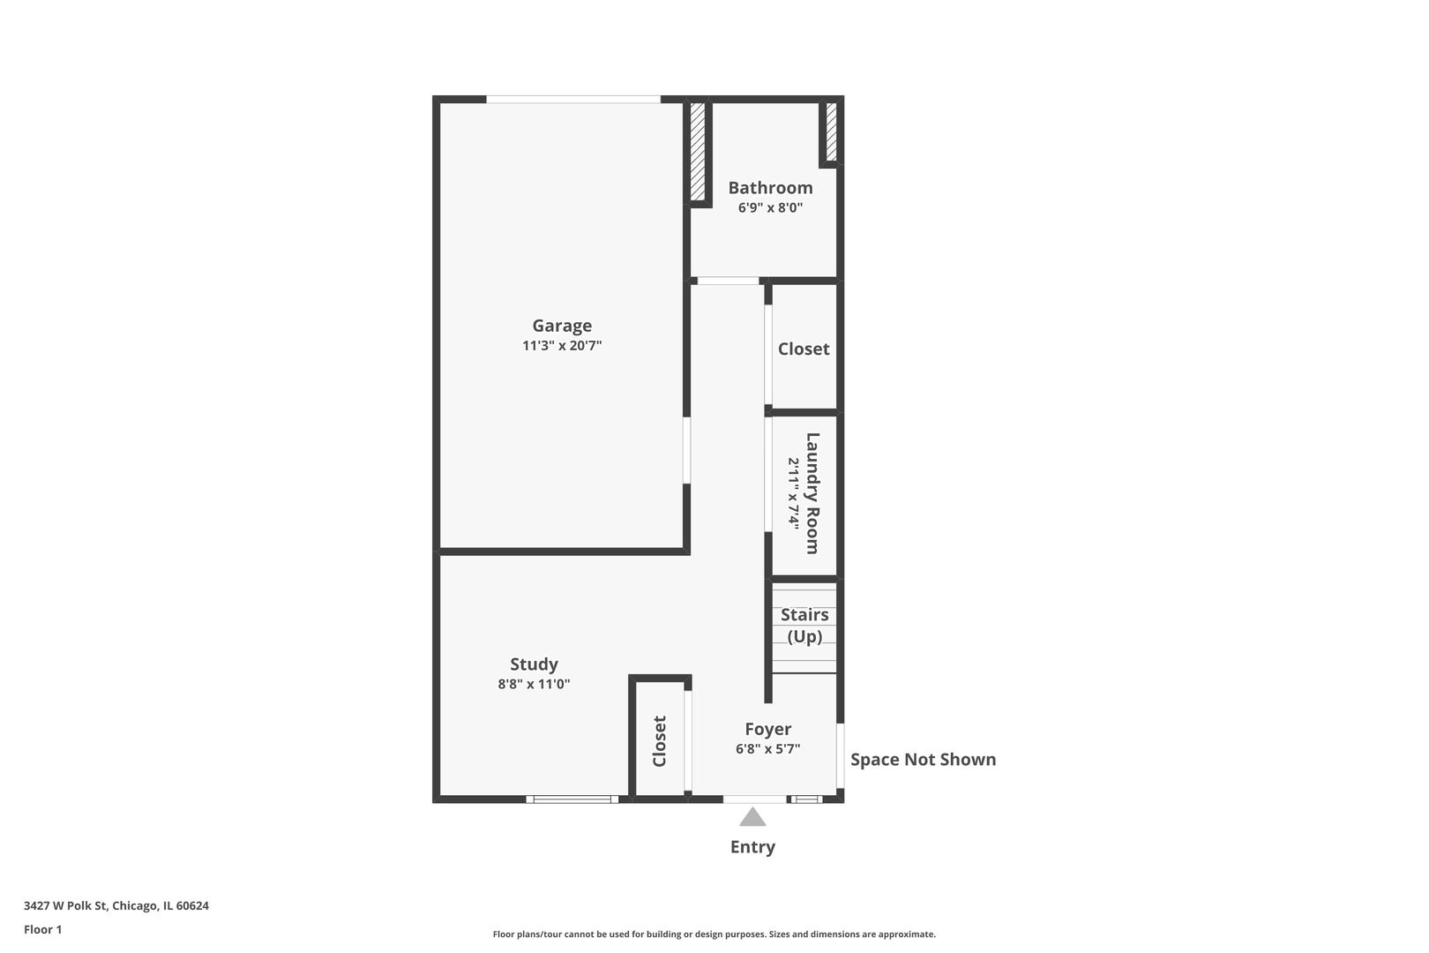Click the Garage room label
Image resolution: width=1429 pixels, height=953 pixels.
coord(562,326)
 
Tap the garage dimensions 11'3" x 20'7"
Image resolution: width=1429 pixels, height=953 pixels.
coord(562,346)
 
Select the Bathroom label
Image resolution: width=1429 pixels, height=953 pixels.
coord(770,188)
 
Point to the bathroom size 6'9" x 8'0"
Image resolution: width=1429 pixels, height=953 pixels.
coord(770,208)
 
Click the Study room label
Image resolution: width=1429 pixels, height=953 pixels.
coord(534,664)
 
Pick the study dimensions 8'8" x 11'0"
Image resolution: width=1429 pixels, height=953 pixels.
coord(534,684)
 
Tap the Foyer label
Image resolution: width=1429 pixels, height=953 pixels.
coord(767,729)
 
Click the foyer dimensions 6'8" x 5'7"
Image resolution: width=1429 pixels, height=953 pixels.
coord(767,749)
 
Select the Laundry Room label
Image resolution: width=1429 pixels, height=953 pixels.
coord(812,493)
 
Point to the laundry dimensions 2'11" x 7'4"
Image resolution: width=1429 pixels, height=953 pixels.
coord(794,493)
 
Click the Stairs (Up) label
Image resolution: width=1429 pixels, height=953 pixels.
coord(804,626)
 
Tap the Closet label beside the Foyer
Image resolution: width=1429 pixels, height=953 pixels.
coord(660,741)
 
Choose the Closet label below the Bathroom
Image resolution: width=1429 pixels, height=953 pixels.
coord(804,349)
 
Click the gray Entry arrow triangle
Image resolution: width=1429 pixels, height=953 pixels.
coord(752,818)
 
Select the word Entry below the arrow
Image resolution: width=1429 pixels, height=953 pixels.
coord(752,847)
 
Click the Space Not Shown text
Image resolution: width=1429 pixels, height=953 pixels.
coord(923,760)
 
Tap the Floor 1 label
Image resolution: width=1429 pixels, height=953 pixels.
coord(43,929)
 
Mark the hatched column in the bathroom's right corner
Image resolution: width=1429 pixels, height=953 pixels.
coord(830,132)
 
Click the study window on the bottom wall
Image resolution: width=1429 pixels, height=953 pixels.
coord(572,799)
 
